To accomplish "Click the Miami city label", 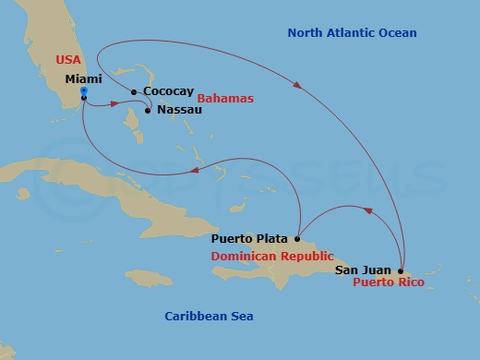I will click(x=84, y=79).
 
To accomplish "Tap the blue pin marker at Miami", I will click(x=84, y=92).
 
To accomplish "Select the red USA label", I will click(x=69, y=60).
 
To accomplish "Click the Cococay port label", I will click(x=167, y=92).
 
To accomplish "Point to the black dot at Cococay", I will click(x=135, y=91).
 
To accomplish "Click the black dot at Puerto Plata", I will click(x=297, y=237).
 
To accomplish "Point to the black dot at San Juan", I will click(x=401, y=270).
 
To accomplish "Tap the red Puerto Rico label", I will click(x=389, y=282).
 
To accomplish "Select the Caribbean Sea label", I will click(x=209, y=317).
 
